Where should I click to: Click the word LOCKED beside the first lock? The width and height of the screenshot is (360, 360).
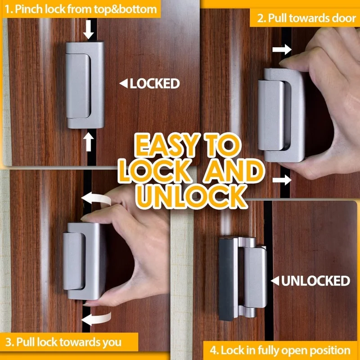(155, 83)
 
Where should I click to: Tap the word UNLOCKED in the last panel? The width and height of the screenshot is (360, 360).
(315, 281)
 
